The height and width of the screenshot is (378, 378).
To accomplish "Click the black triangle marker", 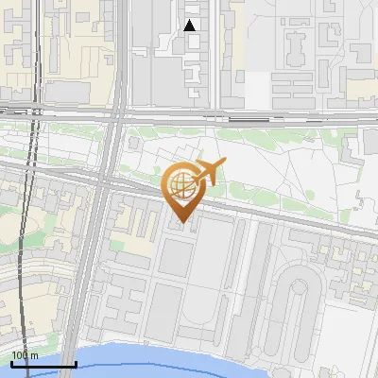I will [x=190, y=26].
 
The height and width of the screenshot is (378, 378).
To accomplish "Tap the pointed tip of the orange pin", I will [x=181, y=226].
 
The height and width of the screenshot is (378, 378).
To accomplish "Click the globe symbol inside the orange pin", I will [x=180, y=186].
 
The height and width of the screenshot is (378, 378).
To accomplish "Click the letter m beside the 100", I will [x=34, y=355].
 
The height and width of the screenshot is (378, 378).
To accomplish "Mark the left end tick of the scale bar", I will [x=12, y=364].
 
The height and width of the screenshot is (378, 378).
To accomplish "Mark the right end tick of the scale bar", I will [x=76, y=364].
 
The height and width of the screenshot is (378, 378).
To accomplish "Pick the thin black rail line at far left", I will [x=36, y=142].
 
